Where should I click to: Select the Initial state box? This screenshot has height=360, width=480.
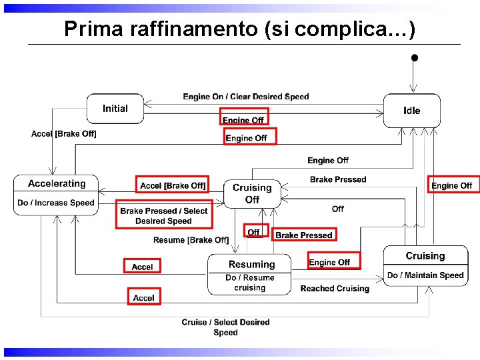tap(115, 109)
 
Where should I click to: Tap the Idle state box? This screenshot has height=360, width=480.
tap(412, 111)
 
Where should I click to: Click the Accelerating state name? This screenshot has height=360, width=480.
tap(57, 183)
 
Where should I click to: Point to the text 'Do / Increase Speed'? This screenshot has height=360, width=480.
tap(56, 203)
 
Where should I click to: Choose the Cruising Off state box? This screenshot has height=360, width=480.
tap(252, 193)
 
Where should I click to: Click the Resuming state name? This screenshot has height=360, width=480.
tap(251, 265)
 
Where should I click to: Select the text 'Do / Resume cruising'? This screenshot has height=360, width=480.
tap(250, 283)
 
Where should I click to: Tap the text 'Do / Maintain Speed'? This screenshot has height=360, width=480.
tap(425, 275)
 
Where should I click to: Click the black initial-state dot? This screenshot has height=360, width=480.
tap(414, 58)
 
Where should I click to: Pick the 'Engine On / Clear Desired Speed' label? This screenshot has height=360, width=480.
tap(246, 97)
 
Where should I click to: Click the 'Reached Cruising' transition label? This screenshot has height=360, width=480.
tap(335, 289)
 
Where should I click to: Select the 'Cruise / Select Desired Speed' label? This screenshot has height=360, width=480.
tap(225, 327)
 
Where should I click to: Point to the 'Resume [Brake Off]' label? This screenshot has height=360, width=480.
tap(191, 240)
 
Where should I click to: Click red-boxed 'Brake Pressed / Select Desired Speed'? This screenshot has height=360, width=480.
tap(164, 215)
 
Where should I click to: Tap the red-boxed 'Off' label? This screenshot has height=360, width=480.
tap(254, 232)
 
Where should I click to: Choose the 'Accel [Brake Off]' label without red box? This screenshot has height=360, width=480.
tap(64, 134)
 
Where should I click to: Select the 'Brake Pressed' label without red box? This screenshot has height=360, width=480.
tap(338, 179)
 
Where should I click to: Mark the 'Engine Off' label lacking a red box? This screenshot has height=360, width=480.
tap(328, 161)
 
